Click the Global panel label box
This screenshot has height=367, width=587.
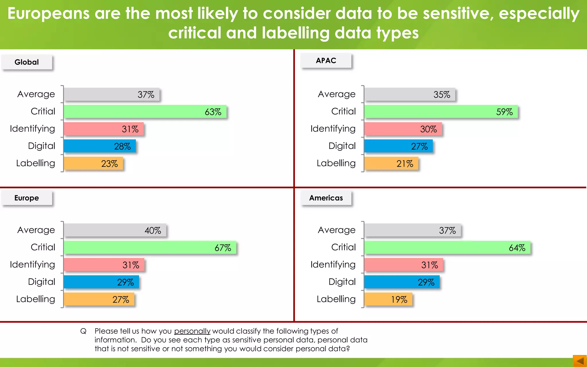[27, 62]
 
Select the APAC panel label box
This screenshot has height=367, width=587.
[326, 60]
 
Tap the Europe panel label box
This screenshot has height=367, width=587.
[27, 198]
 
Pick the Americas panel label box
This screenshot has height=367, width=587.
[326, 198]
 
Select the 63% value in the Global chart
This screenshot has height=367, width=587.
[213, 112]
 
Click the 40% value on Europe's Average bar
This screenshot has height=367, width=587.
[153, 231]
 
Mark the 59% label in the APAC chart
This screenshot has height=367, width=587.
[504, 112]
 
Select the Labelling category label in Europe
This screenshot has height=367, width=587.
[36, 299]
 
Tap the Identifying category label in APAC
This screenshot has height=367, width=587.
[333, 129]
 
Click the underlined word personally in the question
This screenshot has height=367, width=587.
[192, 331]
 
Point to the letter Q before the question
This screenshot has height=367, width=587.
[83, 331]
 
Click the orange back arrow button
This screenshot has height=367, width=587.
[580, 361]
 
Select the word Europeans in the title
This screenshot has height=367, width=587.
[48, 13]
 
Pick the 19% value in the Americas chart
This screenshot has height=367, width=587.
[399, 300]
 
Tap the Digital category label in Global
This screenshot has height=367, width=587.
[42, 146]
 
